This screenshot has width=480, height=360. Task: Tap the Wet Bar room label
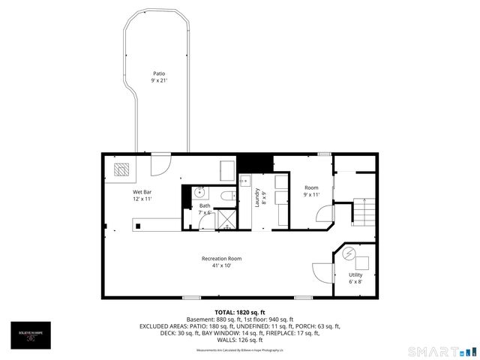143,191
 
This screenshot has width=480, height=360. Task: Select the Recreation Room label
221,259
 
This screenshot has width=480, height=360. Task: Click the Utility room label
355,275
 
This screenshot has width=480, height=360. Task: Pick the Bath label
205,205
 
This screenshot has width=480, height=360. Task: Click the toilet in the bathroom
227,196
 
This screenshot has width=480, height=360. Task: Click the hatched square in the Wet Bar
121,169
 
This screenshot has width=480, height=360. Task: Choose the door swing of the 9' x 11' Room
325,215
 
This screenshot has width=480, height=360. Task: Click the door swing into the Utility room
320,272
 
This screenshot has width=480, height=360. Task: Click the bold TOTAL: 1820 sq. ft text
240,312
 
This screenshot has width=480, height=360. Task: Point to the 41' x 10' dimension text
221,265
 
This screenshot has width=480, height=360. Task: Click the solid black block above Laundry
254,163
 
